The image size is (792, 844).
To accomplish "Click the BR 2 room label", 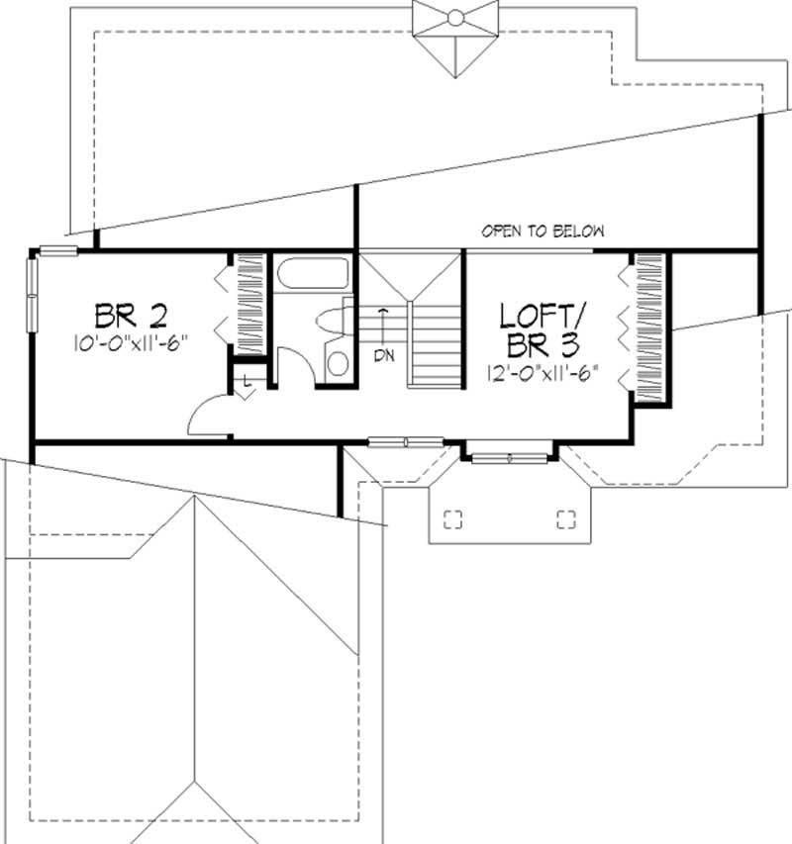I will click(131, 316).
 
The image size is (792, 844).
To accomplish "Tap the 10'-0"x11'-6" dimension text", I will click(130, 342).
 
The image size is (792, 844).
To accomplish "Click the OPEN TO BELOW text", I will click(543, 232).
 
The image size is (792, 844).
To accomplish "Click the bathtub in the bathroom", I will click(311, 274).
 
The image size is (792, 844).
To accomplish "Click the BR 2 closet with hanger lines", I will click(247, 301).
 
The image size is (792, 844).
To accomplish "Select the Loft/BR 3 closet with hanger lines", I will click(648, 327).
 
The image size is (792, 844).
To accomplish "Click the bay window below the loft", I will click(509, 457).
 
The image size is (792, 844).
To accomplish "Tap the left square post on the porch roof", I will click(453, 519).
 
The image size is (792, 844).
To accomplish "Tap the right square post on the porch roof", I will click(565, 519).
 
